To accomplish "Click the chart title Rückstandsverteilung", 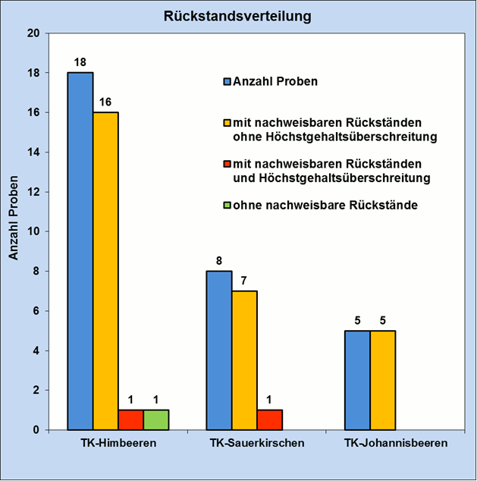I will coord(239,15).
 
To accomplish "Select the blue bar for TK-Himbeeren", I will coord(80,250).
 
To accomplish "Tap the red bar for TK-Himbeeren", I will coord(130,420).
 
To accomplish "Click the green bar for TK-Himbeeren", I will coord(155,420).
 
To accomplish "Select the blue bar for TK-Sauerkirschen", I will coord(219,350).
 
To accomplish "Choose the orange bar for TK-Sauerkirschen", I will coord(244,360).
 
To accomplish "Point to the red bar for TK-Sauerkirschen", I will coord(269,420).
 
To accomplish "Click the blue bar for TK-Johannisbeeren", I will coord(357,379).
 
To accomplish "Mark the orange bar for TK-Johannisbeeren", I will coord(382,379).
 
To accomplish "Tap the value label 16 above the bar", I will coord(105,102).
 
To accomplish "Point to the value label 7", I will coord(244,281).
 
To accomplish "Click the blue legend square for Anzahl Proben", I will coord(226,81).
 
